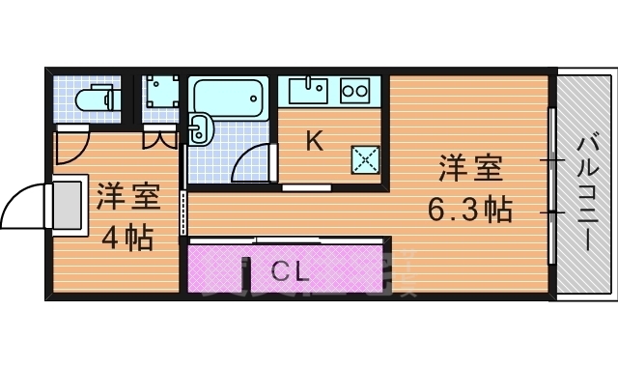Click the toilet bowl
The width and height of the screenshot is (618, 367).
click(95, 99)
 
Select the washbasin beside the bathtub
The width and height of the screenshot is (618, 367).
click(200, 128)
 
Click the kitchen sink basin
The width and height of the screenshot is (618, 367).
click(310, 91)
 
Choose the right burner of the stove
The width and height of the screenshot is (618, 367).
click(362, 92)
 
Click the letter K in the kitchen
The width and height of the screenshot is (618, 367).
click(313, 141)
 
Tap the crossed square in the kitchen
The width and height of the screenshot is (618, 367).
click(365, 159)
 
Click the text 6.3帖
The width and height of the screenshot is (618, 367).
click(470, 209)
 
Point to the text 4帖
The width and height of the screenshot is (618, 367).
click(126, 237)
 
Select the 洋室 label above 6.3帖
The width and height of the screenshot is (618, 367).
click(471, 168)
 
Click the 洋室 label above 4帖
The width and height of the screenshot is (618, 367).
click(127, 197)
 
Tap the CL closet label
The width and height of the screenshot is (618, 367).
click(289, 271)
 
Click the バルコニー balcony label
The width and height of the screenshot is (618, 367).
click(586, 193)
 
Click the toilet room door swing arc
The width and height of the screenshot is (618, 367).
click(70, 147)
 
